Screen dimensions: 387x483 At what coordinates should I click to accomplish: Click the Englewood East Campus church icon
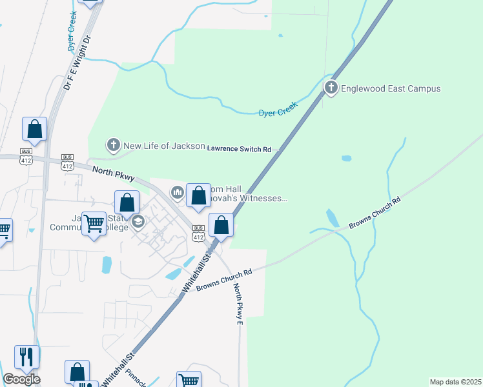click(x=331, y=88)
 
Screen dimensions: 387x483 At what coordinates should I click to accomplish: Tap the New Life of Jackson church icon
click(x=114, y=146)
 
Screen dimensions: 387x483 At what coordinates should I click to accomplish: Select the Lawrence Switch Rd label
click(x=239, y=149)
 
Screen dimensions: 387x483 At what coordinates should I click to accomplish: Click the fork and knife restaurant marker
click(x=26, y=356)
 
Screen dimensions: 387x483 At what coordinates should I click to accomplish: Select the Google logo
click(x=21, y=379)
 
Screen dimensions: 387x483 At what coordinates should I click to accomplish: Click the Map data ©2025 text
click(x=455, y=382)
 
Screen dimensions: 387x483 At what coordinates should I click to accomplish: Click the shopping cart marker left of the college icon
click(x=94, y=224)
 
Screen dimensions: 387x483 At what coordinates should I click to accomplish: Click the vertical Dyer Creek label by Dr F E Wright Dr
click(x=72, y=30)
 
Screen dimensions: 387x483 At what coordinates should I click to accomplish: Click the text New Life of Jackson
click(x=164, y=146)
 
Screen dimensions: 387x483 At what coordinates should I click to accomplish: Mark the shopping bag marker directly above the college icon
click(x=127, y=202)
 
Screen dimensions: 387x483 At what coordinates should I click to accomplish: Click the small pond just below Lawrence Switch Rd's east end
click(x=346, y=158)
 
